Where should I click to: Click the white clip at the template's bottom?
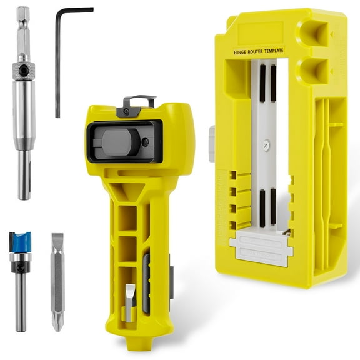point(261,249)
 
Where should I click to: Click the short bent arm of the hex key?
point(75,10)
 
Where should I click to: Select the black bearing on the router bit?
point(21,269)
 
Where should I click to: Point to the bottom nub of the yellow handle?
point(134,343)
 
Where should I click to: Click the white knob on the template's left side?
point(212,143)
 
